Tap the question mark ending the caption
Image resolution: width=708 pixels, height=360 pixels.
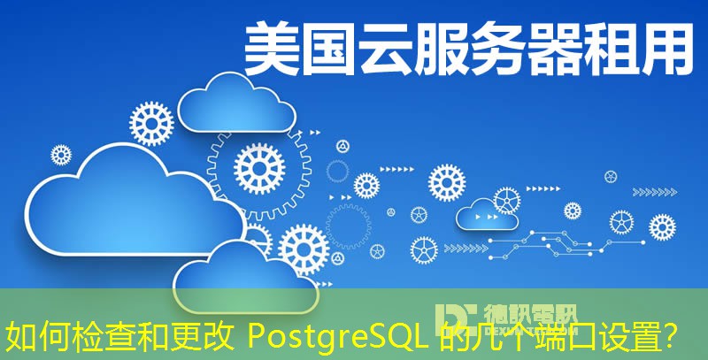[x=673, y=337]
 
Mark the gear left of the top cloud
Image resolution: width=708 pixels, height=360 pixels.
[x=151, y=123]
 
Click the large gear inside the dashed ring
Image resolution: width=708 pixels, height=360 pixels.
[x=260, y=164]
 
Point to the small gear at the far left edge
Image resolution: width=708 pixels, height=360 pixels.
[x=60, y=155]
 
